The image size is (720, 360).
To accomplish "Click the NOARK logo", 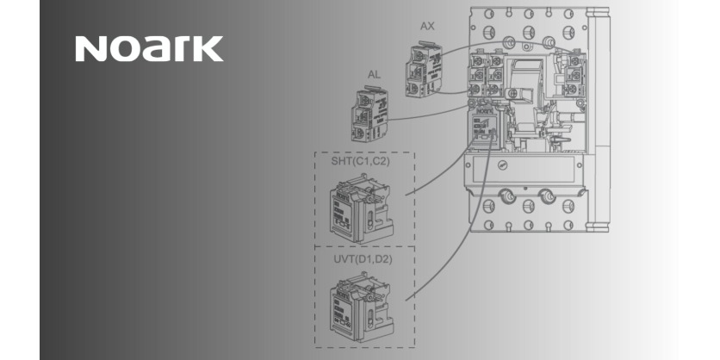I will [148, 48].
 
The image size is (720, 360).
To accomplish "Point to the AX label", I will [427, 26].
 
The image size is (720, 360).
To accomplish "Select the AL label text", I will [373, 75].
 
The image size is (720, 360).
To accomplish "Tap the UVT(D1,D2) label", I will [363, 258].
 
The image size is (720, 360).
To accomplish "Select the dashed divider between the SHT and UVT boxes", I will [364, 246].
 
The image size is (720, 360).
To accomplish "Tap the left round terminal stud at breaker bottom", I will [507, 198].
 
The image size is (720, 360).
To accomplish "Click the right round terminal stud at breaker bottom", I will [545, 198].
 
